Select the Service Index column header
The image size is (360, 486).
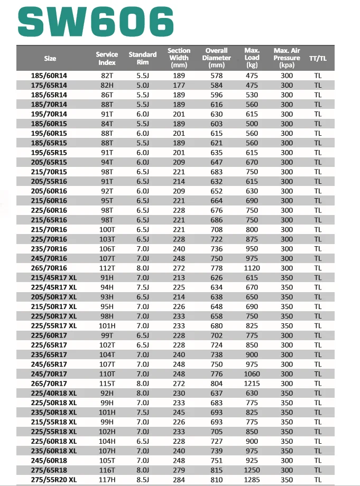(x=107, y=58)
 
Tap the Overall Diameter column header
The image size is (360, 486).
(x=217, y=58)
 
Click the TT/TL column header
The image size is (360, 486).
(x=318, y=58)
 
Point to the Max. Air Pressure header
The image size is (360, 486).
(x=287, y=58)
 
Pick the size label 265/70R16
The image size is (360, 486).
(x=50, y=268)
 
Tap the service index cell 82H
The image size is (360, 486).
(x=107, y=85)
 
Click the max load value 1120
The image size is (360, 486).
(x=252, y=268)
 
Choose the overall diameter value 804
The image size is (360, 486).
(x=217, y=384)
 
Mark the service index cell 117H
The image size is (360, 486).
(x=107, y=480)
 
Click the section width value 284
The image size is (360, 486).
(x=179, y=480)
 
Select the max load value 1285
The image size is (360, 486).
(x=252, y=480)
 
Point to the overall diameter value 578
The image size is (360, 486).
(x=217, y=76)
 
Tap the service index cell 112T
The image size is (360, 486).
(x=107, y=268)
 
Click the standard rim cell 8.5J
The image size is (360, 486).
(x=143, y=480)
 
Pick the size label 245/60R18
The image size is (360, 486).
(x=50, y=461)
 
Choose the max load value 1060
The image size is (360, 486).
(x=252, y=374)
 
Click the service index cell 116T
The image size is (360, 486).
(x=107, y=470)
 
